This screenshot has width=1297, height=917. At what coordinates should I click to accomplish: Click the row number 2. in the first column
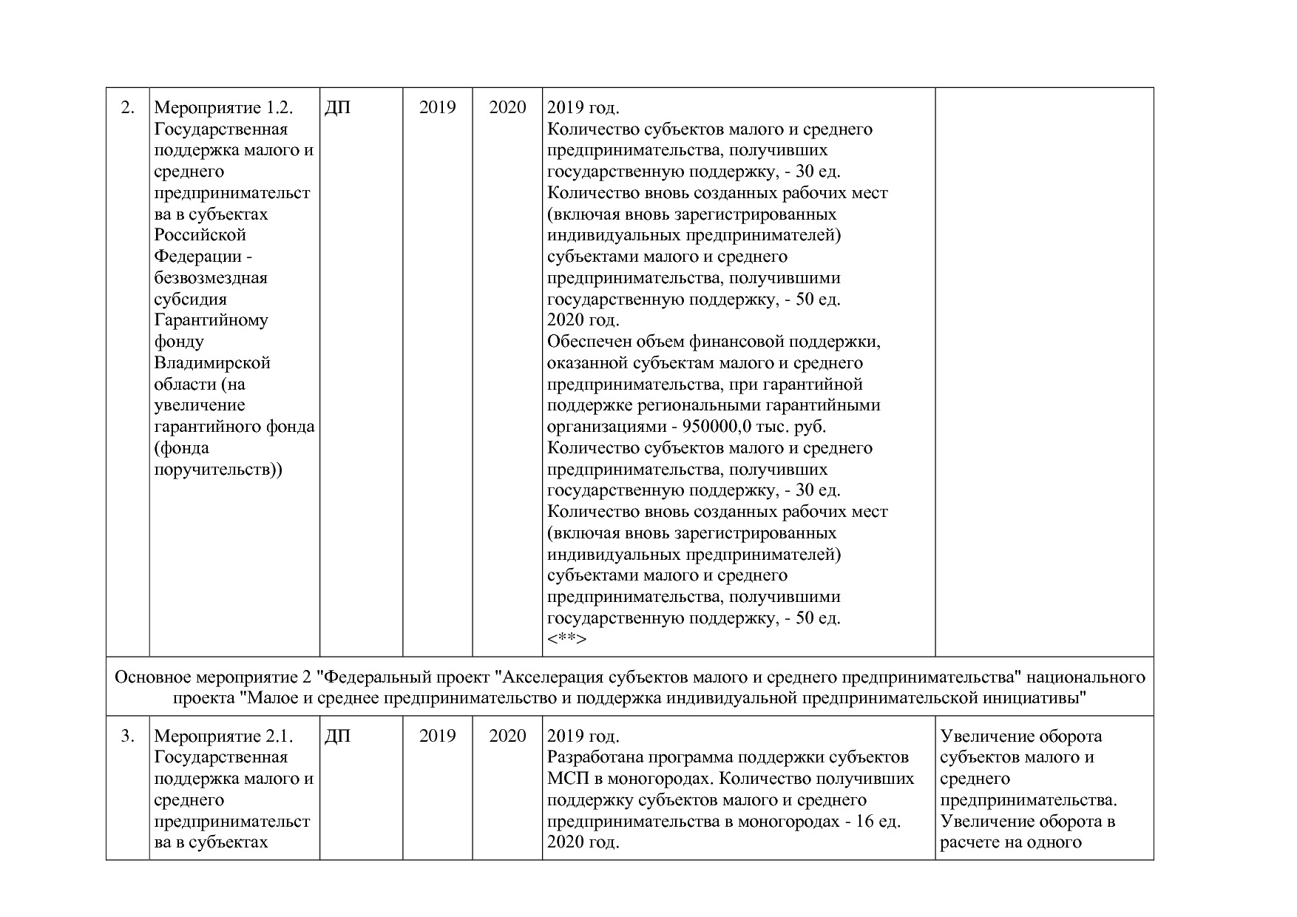point(127,108)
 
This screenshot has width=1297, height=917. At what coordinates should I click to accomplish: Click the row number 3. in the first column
point(127,737)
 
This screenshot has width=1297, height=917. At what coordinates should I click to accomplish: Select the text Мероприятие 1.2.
point(223,108)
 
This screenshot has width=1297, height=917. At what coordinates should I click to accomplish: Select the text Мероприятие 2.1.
point(223,737)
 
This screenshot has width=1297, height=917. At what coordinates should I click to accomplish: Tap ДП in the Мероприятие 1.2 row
point(337,108)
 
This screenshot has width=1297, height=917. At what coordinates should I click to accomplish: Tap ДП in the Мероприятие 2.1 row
point(337,737)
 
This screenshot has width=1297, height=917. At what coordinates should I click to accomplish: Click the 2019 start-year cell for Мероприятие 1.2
point(437,108)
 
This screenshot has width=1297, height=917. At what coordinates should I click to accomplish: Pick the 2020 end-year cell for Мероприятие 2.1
point(507,737)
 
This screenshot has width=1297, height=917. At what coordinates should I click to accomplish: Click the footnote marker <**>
point(566,639)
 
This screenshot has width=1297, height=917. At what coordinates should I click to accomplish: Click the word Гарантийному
point(211,321)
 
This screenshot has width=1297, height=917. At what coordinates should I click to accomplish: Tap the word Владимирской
point(212,364)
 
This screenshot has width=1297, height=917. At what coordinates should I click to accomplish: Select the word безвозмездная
point(211,279)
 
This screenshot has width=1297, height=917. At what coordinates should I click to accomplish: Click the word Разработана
point(594,758)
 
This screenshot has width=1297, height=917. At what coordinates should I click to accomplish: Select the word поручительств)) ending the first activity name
point(218,470)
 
